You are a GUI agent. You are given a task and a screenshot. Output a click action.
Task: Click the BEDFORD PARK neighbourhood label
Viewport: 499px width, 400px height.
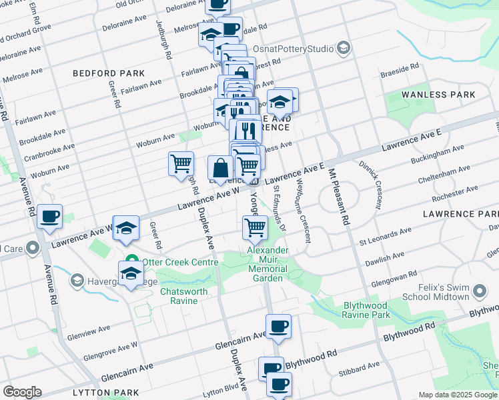point(109,73)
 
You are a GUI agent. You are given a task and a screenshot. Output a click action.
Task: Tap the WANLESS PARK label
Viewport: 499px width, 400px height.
point(438,95)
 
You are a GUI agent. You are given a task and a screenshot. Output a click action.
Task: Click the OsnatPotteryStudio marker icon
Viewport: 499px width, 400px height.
point(343,48)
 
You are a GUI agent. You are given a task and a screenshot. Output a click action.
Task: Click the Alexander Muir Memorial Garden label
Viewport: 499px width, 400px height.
point(268,264)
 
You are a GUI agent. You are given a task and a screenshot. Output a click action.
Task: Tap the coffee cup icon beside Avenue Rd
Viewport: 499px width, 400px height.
point(49,217)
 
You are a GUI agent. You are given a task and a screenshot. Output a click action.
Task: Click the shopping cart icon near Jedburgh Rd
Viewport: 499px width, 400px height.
point(181,163)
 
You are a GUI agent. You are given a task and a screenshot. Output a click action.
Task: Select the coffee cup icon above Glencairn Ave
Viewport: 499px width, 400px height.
point(278,326)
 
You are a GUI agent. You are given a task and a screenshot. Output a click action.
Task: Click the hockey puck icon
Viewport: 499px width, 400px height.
point(280,101)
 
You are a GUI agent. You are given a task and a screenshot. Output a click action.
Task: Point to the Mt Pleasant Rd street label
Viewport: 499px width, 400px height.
point(338,198)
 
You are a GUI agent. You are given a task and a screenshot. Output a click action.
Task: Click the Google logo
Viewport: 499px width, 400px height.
point(22,392)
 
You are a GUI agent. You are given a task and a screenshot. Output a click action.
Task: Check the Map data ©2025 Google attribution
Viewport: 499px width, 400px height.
point(457,395)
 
